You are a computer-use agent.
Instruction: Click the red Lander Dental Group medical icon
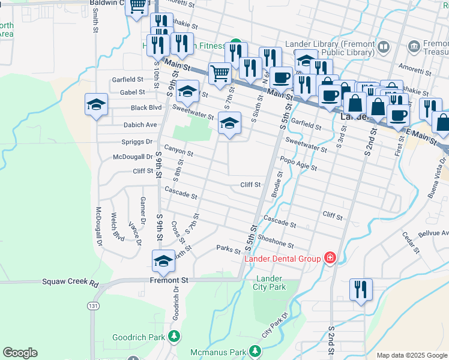[329, 258]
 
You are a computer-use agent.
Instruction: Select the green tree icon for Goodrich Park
[174, 337]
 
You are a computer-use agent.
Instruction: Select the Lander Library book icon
[383, 47]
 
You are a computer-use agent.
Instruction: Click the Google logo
[20, 353]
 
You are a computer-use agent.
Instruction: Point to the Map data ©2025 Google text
[411, 355]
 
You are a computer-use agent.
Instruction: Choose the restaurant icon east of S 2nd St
[361, 289]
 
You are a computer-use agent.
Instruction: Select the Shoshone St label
[276, 241]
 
